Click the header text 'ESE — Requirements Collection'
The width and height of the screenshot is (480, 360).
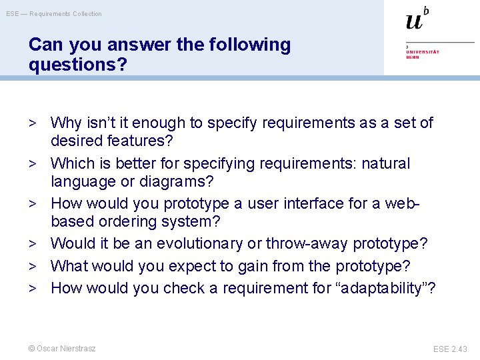[54, 14]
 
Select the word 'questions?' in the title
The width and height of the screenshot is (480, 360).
[73, 65]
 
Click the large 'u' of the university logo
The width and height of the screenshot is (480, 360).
[414, 21]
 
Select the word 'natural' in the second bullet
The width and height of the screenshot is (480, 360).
[386, 163]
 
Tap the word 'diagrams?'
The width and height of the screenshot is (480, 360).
[182, 181]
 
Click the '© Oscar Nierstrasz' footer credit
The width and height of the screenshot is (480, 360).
[62, 349]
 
